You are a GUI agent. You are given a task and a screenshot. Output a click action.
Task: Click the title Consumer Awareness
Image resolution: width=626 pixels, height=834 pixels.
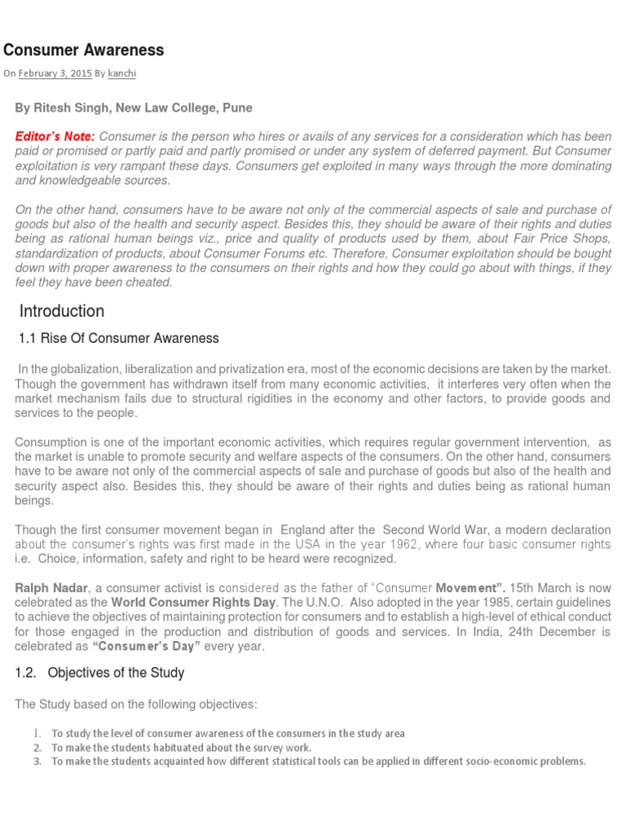pos(83,50)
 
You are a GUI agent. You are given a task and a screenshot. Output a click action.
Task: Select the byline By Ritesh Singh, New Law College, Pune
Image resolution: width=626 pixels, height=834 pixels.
pos(134,108)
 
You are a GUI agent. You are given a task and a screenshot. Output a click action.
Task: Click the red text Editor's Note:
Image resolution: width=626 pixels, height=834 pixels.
pos(55,137)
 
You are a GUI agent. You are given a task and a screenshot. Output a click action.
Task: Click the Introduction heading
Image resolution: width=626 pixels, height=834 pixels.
pos(61,311)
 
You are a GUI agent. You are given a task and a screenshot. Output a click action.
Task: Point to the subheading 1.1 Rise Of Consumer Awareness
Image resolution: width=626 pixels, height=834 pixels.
pos(118,338)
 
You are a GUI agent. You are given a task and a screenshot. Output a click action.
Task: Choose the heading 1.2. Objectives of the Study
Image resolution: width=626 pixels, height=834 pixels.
pos(99,674)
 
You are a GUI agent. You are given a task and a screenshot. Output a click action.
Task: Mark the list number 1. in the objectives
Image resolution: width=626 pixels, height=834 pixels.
pos(37,734)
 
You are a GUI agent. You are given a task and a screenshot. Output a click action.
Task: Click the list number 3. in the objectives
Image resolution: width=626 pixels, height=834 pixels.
pos(37,762)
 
